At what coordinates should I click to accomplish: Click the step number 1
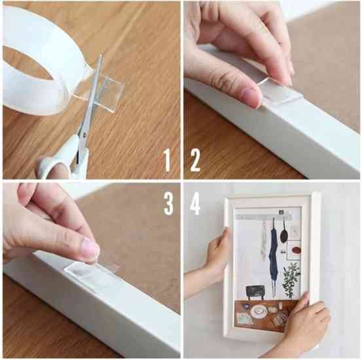[168, 160]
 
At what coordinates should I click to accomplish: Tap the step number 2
[195, 160]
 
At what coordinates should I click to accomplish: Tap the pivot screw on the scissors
[84, 134]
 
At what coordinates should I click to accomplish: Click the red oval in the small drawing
[296, 250]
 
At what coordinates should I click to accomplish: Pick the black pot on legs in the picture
[255, 291]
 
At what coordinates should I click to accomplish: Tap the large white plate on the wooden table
[259, 311]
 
